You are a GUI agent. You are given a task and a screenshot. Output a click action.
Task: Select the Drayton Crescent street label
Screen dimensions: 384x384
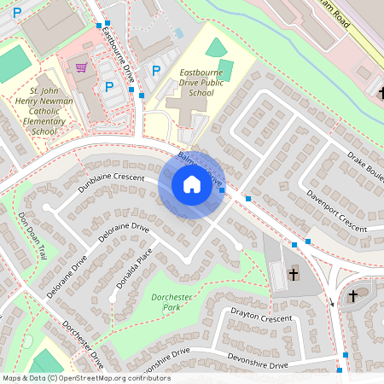tap(262, 316)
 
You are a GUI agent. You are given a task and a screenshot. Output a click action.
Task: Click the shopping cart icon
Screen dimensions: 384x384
tap(82, 67)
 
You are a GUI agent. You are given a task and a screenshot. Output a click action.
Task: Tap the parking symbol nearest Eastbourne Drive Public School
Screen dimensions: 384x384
tap(155, 71)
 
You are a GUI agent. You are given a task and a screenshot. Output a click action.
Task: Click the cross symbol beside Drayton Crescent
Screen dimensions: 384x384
tap(294, 274)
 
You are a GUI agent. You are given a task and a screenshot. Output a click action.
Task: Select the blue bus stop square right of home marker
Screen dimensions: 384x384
tap(222, 190)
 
